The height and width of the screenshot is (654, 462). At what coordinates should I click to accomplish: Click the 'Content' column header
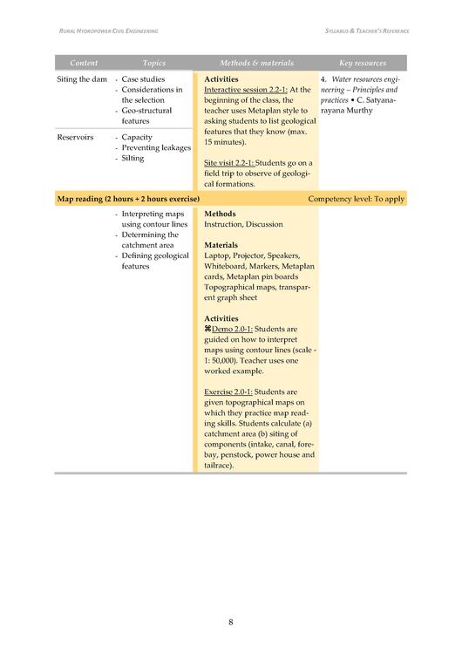pyautogui.click(x=84, y=64)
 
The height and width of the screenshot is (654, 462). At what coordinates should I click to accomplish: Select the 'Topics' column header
pyautogui.click(x=153, y=64)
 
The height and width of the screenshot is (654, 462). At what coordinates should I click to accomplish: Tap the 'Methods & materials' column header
pyautogui.click(x=256, y=64)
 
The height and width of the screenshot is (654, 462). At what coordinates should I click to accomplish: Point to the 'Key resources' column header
pyautogui.click(x=363, y=64)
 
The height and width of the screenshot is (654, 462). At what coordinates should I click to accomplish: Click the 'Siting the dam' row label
pyautogui.click(x=82, y=79)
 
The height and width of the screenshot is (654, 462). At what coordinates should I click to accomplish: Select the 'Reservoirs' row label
pyautogui.click(x=75, y=137)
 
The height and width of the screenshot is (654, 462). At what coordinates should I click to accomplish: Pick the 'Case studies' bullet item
pyautogui.click(x=143, y=79)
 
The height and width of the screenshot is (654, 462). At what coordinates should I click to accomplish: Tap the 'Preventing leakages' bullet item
pyautogui.click(x=156, y=147)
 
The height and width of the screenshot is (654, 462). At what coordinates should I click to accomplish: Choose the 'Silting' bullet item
pyautogui.click(x=133, y=158)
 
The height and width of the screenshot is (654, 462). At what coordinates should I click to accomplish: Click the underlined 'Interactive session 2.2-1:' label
pyautogui.click(x=244, y=90)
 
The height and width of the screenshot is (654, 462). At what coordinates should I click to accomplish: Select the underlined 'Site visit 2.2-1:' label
pyautogui.click(x=230, y=163)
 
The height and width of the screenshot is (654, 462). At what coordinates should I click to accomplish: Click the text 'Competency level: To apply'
pyautogui.click(x=356, y=199)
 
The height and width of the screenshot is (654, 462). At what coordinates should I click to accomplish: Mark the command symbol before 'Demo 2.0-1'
pyautogui.click(x=207, y=329)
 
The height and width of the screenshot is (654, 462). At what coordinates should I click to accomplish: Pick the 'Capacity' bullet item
pyautogui.click(x=137, y=137)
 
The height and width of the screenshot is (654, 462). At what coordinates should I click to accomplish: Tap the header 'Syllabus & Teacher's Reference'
pyautogui.click(x=360, y=31)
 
